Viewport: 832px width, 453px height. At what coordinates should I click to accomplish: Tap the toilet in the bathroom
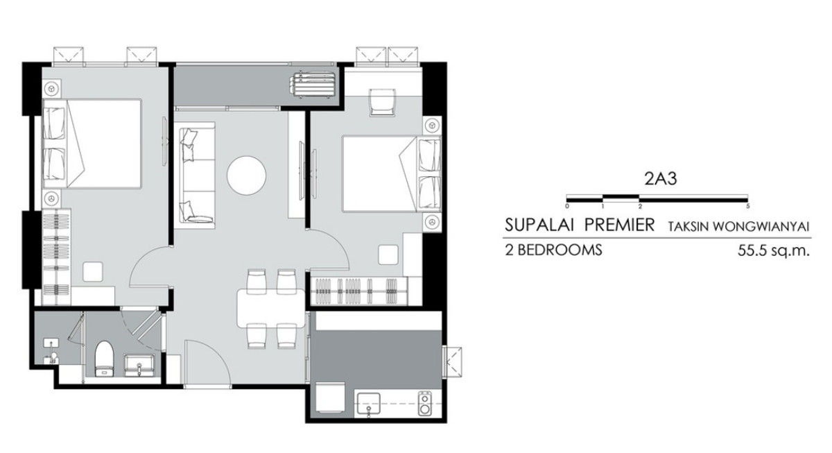[103, 359]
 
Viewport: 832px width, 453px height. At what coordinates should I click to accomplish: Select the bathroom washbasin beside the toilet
[139, 366]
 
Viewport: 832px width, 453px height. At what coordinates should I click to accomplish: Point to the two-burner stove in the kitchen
[424, 404]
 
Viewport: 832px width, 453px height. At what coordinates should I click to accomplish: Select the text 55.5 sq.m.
[773, 251]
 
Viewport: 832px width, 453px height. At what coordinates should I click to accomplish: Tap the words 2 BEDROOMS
[553, 250]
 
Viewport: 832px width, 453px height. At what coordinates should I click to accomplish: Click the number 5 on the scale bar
[747, 206]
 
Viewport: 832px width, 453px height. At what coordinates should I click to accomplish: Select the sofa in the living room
[196, 175]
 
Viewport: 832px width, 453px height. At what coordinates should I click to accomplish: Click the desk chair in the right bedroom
[382, 102]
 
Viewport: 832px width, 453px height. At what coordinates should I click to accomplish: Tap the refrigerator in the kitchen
[330, 398]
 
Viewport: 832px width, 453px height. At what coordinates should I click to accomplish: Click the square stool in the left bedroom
[93, 272]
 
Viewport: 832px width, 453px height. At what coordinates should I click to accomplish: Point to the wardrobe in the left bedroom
[56, 257]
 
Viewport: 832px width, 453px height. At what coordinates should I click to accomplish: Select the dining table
[271, 308]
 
